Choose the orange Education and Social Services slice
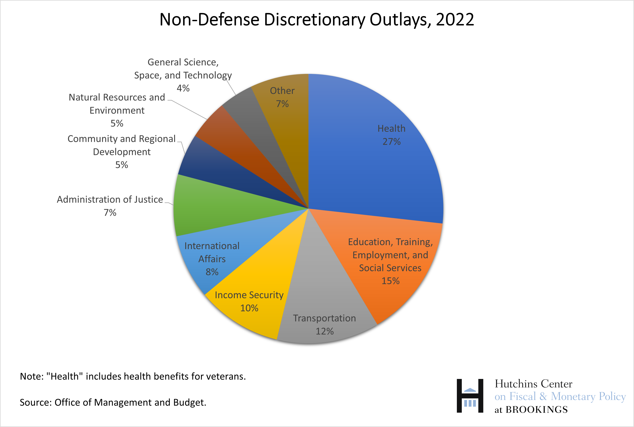pos(387,259)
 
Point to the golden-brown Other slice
pos(286,123)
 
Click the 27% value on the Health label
pos(391,142)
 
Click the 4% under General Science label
pos(183,88)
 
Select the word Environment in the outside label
pos(117,111)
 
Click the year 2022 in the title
pos(455,20)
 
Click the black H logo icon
pos(470,396)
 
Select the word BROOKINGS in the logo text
pos(536,410)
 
